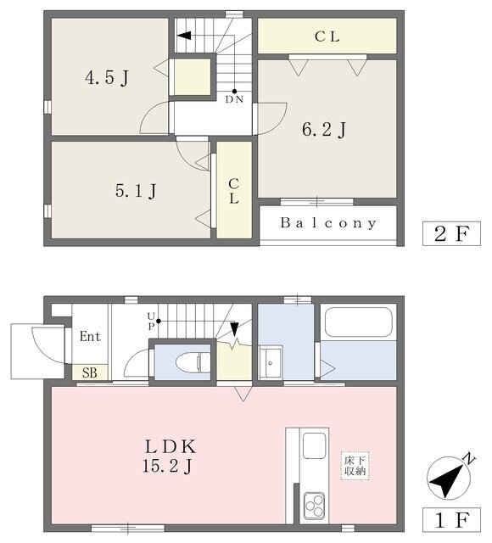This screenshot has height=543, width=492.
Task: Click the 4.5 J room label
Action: tap(106, 79)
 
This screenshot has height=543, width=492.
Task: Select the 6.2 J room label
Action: tap(325, 130)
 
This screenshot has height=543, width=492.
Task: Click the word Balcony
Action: tap(328, 224)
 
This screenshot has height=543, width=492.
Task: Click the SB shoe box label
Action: tap(89, 372)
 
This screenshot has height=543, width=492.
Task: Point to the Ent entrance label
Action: tap(90, 336)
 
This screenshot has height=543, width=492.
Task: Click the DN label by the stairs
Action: tap(234, 99)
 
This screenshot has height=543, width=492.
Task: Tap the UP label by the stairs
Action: tap(153, 320)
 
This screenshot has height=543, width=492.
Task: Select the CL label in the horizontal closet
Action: tap(327, 36)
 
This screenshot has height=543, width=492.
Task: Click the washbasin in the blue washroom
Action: tap(271, 361)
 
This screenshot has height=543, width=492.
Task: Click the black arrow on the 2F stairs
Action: tap(184, 35)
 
